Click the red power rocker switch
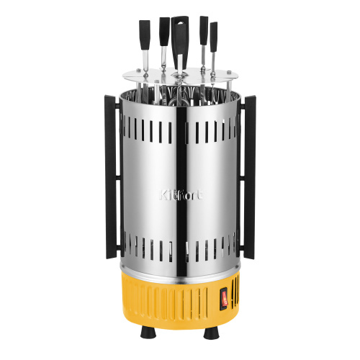point(224,297)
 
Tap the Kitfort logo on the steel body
point(181,195)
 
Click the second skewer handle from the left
point(164,32)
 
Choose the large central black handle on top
point(180,41)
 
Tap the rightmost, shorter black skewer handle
point(214,37)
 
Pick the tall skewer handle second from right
point(204,30)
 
